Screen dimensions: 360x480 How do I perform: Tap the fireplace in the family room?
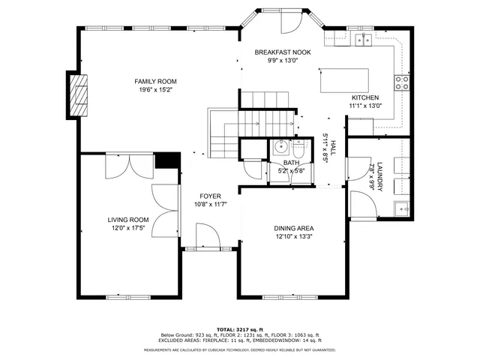(x=77, y=96)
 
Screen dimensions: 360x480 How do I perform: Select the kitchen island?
(x=347, y=80)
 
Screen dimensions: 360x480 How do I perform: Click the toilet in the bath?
(x=299, y=148)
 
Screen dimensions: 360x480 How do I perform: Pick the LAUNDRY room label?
(x=380, y=175)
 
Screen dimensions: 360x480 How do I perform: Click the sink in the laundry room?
(x=400, y=208)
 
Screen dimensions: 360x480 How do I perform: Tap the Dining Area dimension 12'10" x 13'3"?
(x=293, y=237)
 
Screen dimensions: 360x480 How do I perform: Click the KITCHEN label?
(x=365, y=97)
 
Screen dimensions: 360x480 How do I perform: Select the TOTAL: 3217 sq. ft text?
(x=239, y=329)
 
